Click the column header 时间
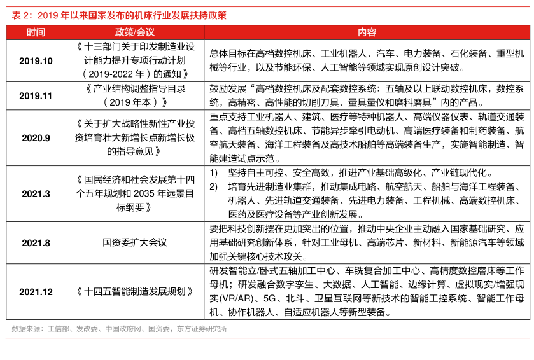[36, 32]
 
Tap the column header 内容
[367, 32]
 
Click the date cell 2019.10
[36, 60]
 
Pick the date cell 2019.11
[36, 95]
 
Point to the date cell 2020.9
[36, 137]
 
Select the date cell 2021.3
[36, 193]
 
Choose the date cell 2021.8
[36, 242]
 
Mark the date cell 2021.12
[36, 292]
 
